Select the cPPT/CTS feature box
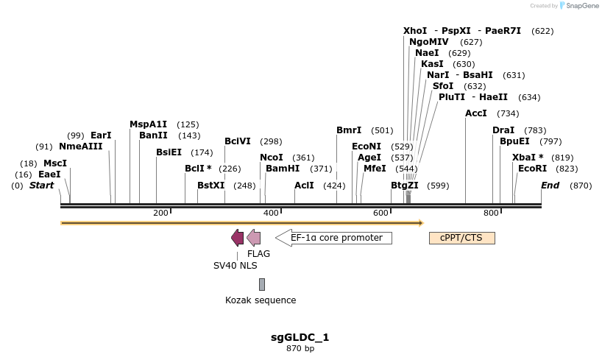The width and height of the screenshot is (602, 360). tap(461, 238)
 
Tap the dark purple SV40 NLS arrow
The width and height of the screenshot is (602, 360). tap(237, 237)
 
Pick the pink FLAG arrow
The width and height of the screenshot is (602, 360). tap(253, 237)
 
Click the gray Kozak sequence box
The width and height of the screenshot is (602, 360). tap(261, 284)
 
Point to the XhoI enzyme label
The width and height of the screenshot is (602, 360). tap(415, 31)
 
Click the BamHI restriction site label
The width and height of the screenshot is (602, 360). tap(283, 169)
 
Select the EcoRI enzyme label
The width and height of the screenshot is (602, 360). tap(532, 169)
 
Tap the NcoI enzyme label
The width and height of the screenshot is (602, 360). tap(272, 158)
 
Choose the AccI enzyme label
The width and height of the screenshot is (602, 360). tap(476, 113)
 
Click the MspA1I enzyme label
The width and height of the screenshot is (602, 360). tap(149, 124)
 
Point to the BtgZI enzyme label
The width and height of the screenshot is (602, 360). tap(405, 186)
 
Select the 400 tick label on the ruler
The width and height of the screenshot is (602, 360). tap(270, 213)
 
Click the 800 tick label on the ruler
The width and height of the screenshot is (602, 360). tap(491, 213)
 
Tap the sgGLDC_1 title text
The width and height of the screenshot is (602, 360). tap(300, 337)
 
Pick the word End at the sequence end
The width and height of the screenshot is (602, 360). tap(550, 186)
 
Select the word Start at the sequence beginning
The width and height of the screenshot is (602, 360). tap(41, 186)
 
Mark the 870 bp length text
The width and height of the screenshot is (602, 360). tap(300, 348)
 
